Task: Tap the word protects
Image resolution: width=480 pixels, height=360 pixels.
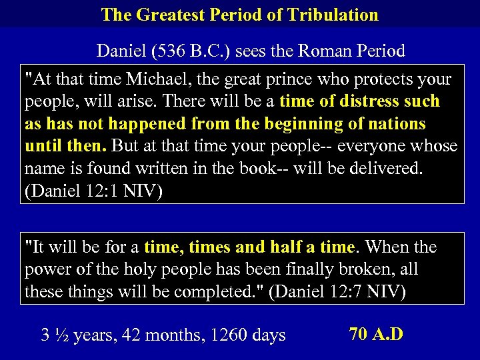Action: pyautogui.click(x=387, y=80)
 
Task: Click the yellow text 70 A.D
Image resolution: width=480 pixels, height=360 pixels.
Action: pyautogui.click(x=375, y=333)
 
